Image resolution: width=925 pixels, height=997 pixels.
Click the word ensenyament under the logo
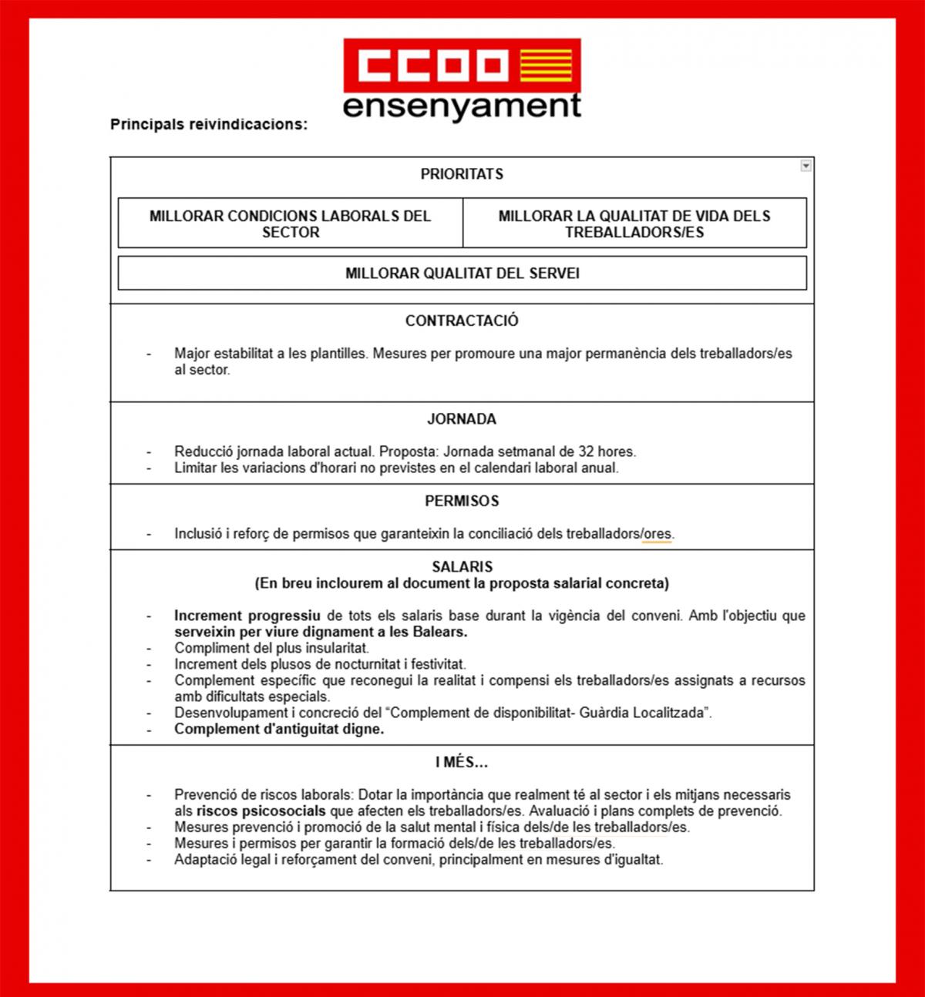click(x=462, y=106)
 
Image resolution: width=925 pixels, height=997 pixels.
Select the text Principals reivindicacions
click(x=209, y=124)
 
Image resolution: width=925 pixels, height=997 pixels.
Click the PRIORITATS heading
click(x=462, y=174)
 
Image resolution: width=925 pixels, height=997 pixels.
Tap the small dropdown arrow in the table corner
click(x=806, y=166)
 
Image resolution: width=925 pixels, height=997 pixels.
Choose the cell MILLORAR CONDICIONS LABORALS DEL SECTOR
click(x=290, y=223)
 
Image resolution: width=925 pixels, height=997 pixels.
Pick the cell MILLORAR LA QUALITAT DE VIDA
click(x=634, y=223)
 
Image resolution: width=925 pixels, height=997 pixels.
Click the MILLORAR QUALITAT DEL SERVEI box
click(x=462, y=274)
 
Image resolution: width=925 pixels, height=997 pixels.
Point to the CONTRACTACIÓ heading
click(x=462, y=321)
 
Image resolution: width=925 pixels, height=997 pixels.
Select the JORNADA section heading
click(x=462, y=420)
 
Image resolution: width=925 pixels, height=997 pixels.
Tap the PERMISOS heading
click(x=462, y=502)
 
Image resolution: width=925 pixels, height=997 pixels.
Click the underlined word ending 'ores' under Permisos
click(x=658, y=533)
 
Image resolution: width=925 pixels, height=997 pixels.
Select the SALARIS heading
click(x=462, y=567)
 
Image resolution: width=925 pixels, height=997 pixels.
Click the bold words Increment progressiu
click(x=247, y=616)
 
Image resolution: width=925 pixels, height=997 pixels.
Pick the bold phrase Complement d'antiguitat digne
click(x=279, y=729)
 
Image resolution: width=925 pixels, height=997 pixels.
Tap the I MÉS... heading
click(x=462, y=763)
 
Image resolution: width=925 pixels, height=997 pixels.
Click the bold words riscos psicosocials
click(x=261, y=811)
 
